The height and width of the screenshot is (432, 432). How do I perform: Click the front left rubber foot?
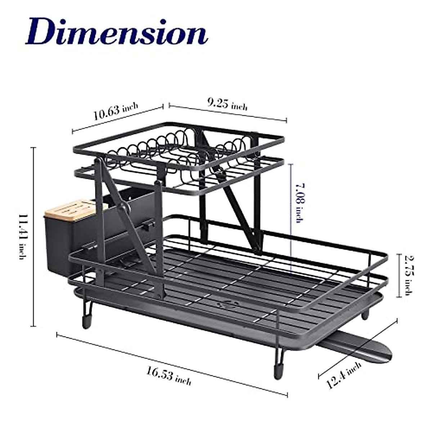[86, 320]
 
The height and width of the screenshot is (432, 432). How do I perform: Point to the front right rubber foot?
[278, 371]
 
